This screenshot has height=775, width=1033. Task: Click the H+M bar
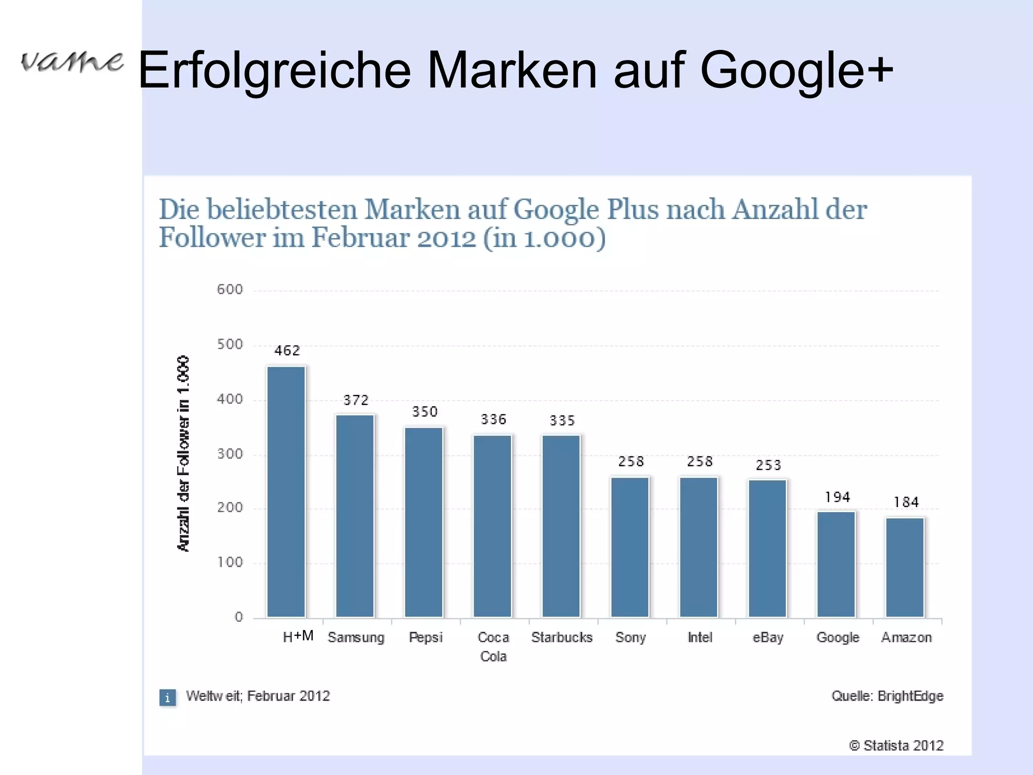(x=286, y=492)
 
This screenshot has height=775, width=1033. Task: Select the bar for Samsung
(x=355, y=516)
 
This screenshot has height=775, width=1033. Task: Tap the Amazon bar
(x=905, y=567)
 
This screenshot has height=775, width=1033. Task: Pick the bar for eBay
(x=767, y=548)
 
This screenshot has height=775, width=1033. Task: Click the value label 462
(x=287, y=351)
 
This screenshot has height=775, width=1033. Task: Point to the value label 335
(x=562, y=421)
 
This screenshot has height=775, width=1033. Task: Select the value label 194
(x=837, y=497)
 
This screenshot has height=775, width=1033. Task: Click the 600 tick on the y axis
(x=230, y=290)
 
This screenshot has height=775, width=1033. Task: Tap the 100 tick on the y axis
(x=230, y=563)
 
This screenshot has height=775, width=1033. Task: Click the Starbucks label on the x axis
(x=561, y=638)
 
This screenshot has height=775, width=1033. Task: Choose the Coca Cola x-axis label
(x=493, y=647)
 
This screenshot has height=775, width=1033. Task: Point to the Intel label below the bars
(x=700, y=638)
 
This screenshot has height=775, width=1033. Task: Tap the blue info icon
(x=167, y=698)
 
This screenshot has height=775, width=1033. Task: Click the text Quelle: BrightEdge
(x=887, y=696)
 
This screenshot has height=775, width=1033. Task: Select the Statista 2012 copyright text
(x=896, y=746)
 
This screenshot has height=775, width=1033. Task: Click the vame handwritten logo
(x=72, y=62)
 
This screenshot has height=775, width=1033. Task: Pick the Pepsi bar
(x=424, y=522)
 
